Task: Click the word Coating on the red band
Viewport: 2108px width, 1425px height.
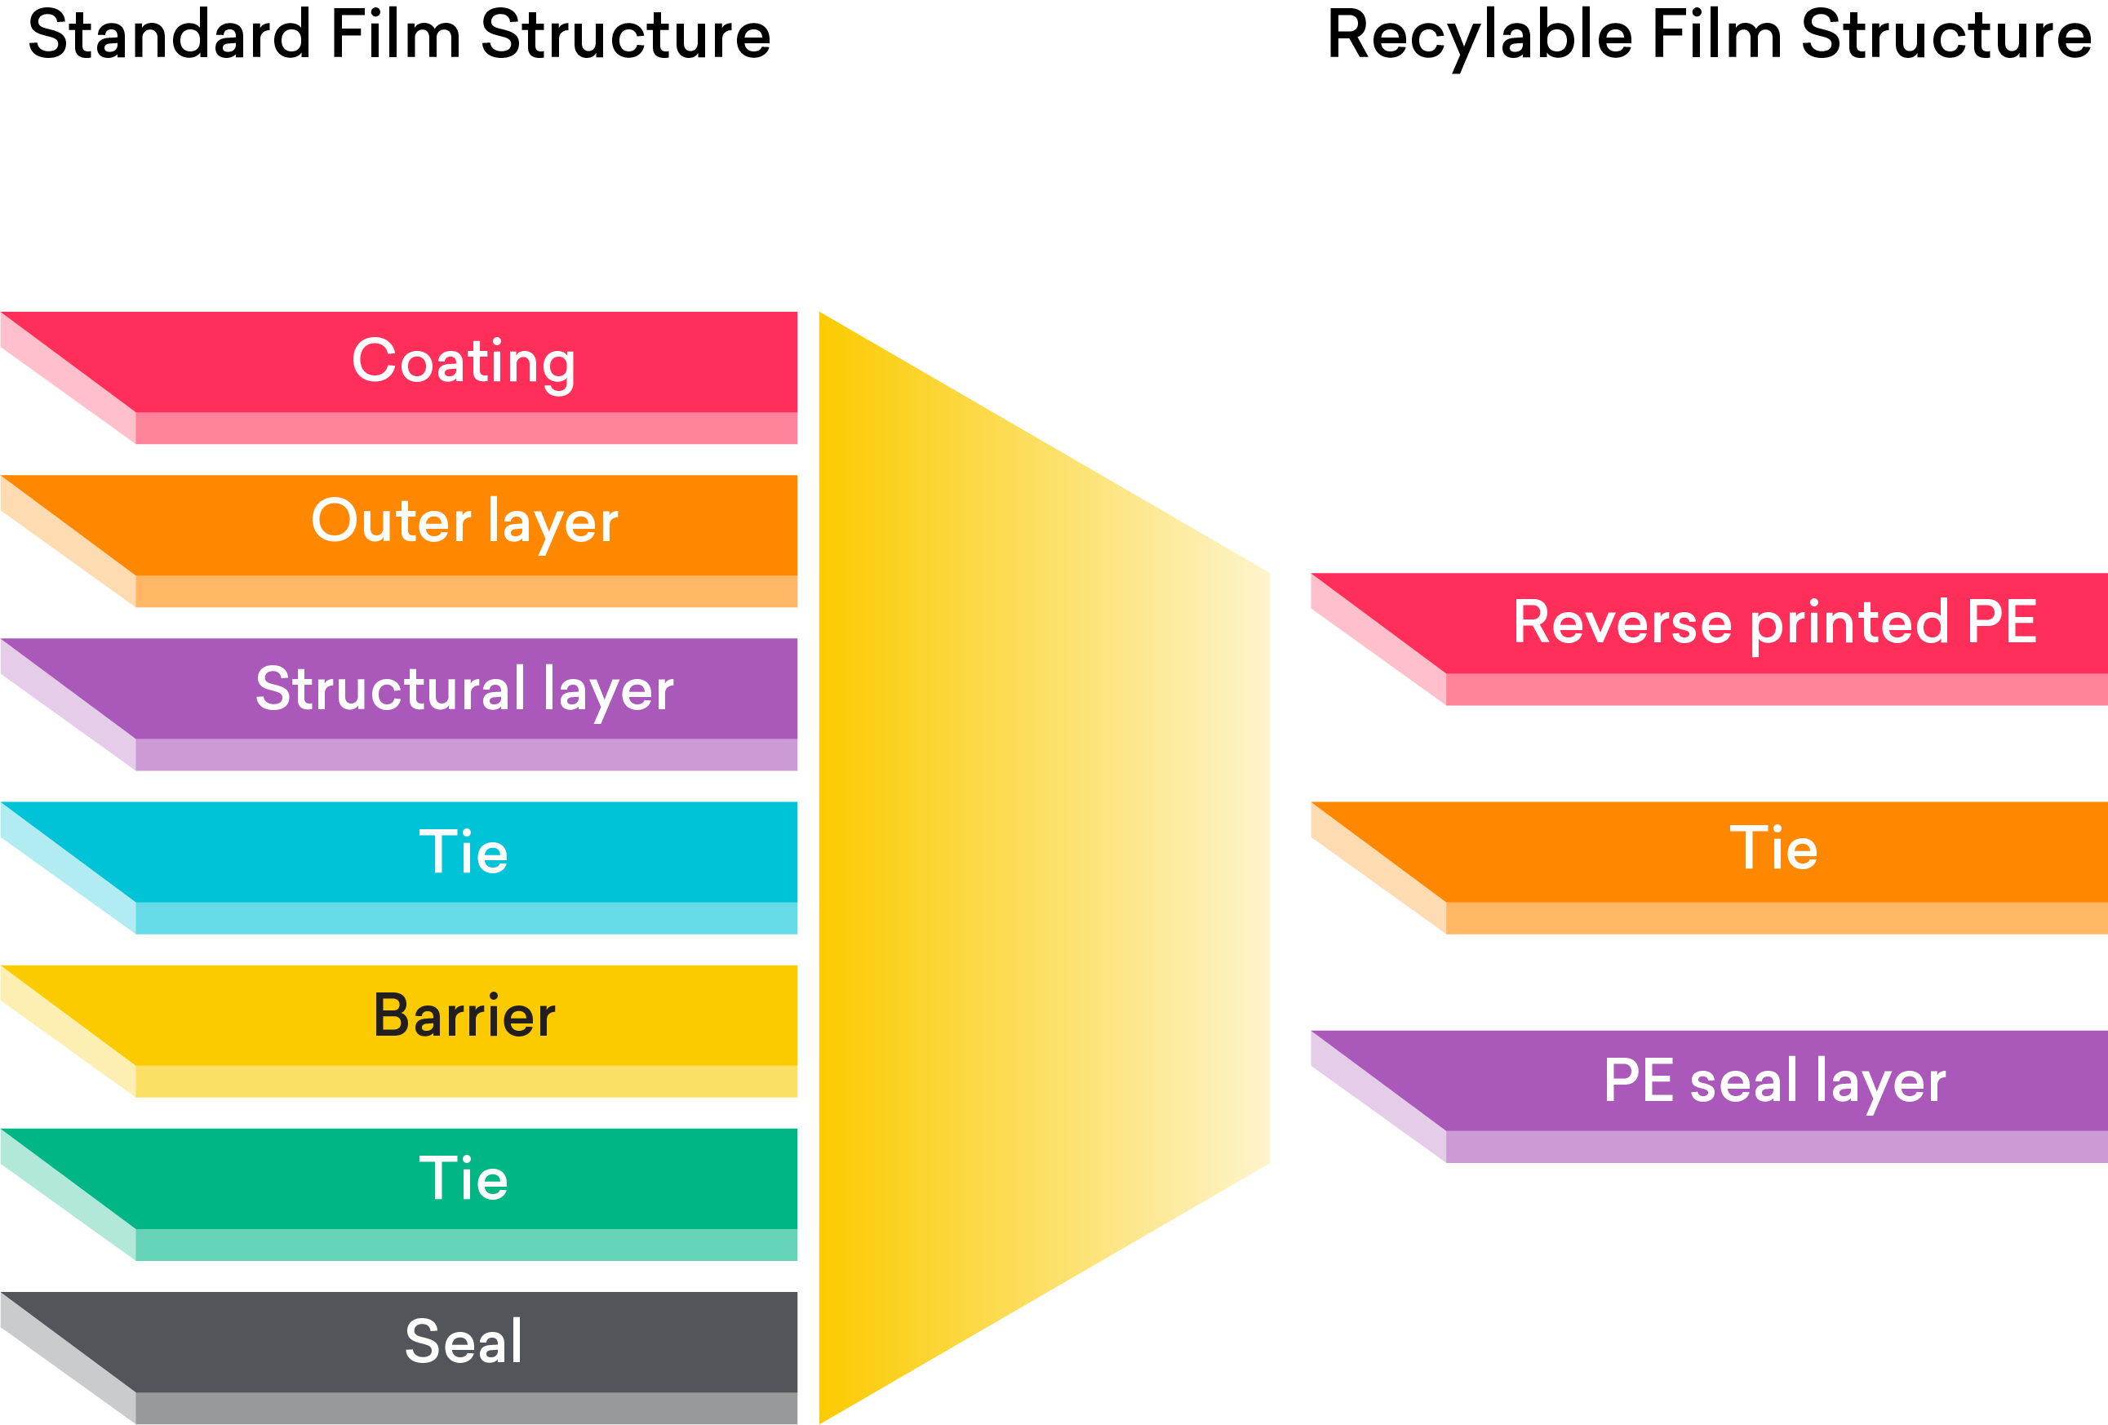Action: click(464, 362)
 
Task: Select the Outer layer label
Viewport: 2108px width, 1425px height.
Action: click(464, 522)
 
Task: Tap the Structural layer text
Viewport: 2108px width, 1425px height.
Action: click(464, 690)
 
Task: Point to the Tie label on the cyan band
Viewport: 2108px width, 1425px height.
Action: click(464, 853)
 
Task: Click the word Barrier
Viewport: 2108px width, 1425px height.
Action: click(464, 1016)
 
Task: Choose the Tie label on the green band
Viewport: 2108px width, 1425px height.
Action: click(464, 1179)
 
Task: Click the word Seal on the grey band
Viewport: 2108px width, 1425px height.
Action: click(464, 1343)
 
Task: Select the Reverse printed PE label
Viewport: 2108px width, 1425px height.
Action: click(1775, 624)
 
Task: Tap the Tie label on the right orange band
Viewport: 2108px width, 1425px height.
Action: click(1773, 849)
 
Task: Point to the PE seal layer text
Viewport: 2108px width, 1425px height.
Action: click(1774, 1082)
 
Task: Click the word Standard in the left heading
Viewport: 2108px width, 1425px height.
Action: click(169, 36)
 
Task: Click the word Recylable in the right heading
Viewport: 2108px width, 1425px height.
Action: click(1480, 36)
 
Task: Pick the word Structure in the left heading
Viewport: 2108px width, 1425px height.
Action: click(625, 36)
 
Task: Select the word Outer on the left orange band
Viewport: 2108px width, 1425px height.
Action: click(391, 522)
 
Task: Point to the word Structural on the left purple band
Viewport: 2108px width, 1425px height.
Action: click(390, 689)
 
